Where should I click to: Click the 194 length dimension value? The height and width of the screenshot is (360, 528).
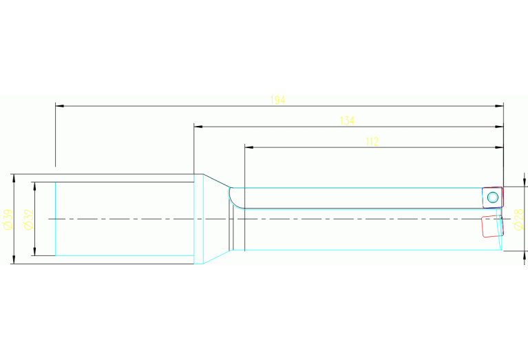coord(277,100)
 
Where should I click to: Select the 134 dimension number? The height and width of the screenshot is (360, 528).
coord(347,121)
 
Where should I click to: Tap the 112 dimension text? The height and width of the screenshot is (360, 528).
coord(372,142)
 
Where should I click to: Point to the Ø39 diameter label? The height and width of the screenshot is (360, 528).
coord(8,219)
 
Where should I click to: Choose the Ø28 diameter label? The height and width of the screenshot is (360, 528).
coord(518,219)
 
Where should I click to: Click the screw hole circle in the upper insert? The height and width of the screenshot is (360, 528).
coord(492,198)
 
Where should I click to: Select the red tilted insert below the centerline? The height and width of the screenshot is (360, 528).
coord(491,226)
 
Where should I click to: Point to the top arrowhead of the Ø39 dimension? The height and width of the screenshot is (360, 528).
coord(13,178)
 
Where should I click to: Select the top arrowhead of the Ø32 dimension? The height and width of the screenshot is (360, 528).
coord(34,185)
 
